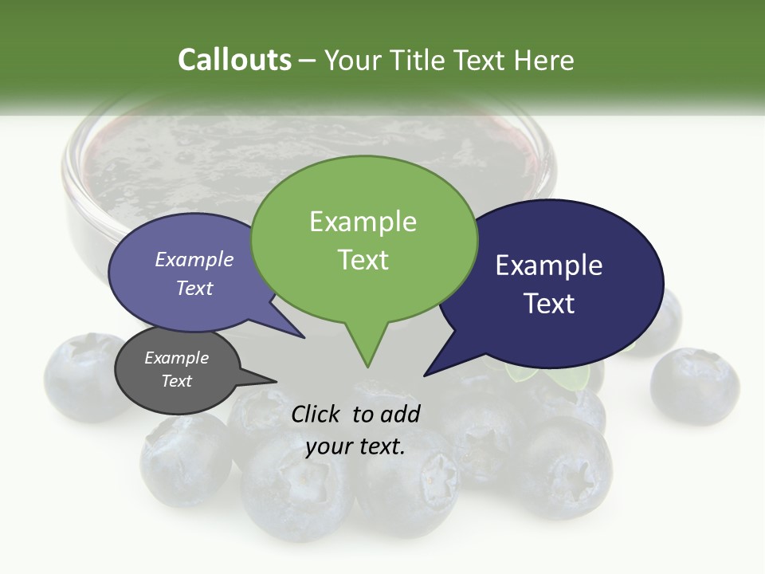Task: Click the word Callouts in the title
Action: coord(235,60)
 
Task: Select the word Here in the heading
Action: coord(546,60)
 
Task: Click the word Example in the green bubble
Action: coord(363,222)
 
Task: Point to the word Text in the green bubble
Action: coord(363,260)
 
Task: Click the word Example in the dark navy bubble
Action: coord(549,265)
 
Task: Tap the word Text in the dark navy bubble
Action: coord(549,304)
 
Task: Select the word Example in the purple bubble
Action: coord(194,260)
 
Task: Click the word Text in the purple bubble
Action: coord(194,288)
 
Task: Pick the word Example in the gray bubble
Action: coord(176,358)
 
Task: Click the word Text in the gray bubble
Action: coord(176,381)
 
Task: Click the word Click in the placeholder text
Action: coord(316,414)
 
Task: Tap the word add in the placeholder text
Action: coord(401,414)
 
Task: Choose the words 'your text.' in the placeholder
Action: coord(355,446)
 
